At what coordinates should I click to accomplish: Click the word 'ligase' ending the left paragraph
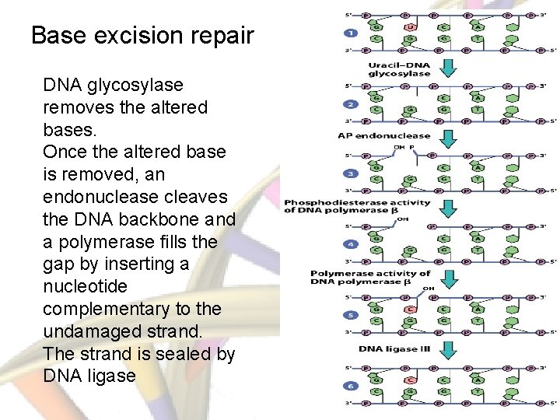click(x=111, y=376)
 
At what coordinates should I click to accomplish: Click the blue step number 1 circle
click(x=351, y=33)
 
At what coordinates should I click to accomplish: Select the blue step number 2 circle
click(x=351, y=104)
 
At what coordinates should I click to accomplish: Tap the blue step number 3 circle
click(x=351, y=173)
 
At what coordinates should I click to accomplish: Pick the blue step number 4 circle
click(x=351, y=244)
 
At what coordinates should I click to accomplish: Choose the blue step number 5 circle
click(x=351, y=315)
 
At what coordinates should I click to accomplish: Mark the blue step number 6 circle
click(x=351, y=386)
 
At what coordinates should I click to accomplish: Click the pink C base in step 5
click(x=410, y=310)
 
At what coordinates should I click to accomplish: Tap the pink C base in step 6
click(x=410, y=380)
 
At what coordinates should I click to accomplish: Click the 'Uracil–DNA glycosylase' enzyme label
click(x=398, y=68)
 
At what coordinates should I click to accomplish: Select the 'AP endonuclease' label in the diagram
click(x=384, y=135)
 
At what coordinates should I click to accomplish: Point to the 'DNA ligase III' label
click(x=394, y=348)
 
